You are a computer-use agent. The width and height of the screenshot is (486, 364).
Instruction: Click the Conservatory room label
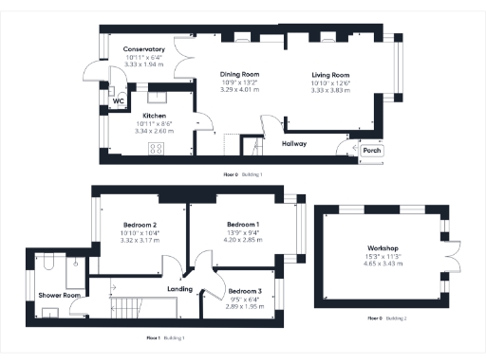pos(143,49)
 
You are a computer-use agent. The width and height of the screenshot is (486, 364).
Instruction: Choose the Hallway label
pos(294,144)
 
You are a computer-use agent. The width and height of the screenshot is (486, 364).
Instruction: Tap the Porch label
pos(371,150)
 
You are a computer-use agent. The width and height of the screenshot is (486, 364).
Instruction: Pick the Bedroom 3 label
pos(245,290)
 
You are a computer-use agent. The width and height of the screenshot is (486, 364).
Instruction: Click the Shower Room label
pos(59,295)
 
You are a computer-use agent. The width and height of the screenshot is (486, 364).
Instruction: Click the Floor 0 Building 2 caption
pos(386,318)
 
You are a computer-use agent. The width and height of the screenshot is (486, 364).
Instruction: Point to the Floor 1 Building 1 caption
pos(165,337)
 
